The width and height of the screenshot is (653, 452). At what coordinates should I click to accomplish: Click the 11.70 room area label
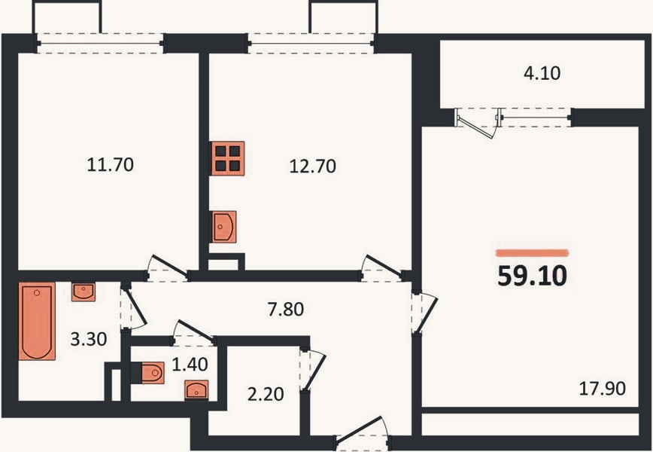(x=111, y=165)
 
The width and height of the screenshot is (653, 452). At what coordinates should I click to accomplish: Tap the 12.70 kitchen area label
(x=312, y=166)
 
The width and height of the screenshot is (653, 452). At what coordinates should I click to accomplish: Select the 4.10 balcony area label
(x=542, y=73)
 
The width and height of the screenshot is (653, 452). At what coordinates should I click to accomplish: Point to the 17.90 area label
(x=602, y=389)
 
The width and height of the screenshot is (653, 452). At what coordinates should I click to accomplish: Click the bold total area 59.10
(x=532, y=276)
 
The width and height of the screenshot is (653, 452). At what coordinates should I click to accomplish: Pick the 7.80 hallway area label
(x=286, y=310)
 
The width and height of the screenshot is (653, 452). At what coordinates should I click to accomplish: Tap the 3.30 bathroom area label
(x=89, y=340)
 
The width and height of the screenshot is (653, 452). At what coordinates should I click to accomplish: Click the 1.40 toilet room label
(x=190, y=365)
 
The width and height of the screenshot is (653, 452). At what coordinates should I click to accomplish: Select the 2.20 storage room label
(x=266, y=394)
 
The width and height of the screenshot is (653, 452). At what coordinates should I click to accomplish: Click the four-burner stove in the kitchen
(x=228, y=158)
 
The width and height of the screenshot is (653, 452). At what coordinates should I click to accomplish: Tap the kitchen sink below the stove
(x=224, y=227)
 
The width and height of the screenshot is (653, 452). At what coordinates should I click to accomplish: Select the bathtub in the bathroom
(x=37, y=321)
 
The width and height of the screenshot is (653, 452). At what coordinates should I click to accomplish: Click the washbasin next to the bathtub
(x=84, y=292)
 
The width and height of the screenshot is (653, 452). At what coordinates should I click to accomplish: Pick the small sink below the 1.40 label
(x=196, y=390)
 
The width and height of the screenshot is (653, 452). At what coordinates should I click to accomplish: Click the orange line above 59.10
(x=532, y=252)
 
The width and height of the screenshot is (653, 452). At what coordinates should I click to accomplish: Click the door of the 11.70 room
(x=168, y=267)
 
